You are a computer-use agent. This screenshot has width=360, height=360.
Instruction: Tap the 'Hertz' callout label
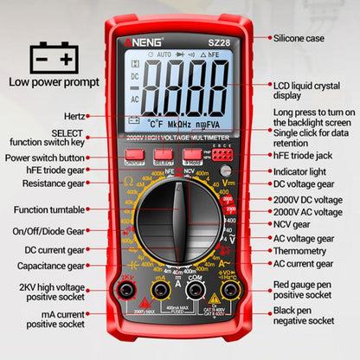(x=74, y=115)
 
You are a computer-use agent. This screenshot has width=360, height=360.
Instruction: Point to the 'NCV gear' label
(x=292, y=224)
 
